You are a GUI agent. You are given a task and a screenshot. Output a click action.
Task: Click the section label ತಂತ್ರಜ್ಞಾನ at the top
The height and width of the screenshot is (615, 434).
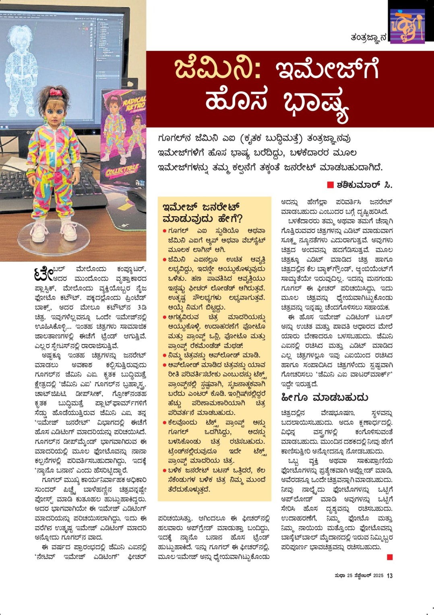[368, 37]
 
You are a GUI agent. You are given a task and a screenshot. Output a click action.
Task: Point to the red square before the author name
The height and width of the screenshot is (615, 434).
[331, 185]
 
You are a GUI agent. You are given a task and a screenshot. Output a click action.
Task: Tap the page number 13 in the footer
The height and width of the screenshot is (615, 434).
[389, 575]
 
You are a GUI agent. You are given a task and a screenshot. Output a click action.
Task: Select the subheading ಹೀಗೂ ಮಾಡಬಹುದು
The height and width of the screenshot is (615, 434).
[324, 398]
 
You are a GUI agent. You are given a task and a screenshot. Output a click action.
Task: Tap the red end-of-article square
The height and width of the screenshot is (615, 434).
[389, 557]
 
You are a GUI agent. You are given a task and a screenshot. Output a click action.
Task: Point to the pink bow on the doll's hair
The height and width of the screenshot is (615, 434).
[55, 92]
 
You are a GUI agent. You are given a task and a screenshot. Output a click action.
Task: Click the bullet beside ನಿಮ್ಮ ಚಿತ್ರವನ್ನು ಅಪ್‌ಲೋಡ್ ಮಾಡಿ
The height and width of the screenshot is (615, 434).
[165, 356]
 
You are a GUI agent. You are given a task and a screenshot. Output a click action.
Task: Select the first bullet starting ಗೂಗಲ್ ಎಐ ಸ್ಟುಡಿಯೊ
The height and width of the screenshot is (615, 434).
[165, 231]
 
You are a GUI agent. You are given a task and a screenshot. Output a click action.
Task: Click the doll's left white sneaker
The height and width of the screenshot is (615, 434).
[69, 229]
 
